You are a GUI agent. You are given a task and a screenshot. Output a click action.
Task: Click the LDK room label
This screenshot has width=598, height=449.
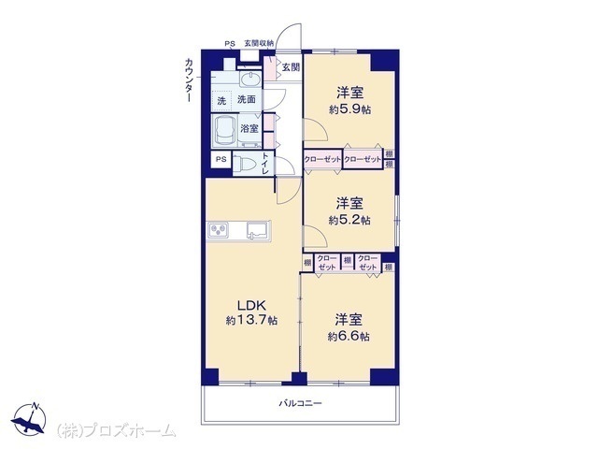point(251,305)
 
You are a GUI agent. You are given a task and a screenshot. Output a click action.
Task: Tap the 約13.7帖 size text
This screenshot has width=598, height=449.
point(251,320)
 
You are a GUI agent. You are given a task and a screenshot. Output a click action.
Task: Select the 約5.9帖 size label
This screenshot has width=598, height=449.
point(349,110)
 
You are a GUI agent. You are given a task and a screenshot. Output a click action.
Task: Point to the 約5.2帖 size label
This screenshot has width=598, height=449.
point(349,221)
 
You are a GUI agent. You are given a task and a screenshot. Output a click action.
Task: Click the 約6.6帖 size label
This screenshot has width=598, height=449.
point(349,337)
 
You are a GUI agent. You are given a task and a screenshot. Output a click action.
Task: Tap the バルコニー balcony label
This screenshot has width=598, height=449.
point(300,403)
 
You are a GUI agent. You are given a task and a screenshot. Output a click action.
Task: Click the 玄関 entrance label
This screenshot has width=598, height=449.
point(291,67)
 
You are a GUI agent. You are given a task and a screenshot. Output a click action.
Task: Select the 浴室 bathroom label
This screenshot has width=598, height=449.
point(249,129)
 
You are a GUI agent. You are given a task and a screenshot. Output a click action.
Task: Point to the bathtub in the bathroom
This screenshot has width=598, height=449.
point(225,131)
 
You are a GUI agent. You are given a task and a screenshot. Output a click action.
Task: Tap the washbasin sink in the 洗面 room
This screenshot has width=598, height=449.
point(250,79)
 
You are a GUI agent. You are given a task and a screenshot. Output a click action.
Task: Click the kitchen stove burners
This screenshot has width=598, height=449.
point(218,229)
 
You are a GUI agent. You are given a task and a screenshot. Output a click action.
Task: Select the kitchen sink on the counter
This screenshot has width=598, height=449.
point(258,230)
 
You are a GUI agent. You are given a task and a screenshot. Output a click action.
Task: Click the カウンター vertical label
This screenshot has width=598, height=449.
point(189,80)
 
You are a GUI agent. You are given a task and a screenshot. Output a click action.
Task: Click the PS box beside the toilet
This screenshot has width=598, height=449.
point(221,160)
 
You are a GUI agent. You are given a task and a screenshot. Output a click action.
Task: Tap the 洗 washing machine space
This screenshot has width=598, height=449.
point(221,101)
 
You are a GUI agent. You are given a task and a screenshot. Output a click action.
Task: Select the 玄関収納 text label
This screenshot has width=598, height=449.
point(259,44)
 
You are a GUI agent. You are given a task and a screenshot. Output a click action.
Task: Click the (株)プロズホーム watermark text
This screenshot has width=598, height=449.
point(116,431)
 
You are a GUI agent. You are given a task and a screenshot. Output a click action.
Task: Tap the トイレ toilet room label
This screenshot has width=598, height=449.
point(265,164)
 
